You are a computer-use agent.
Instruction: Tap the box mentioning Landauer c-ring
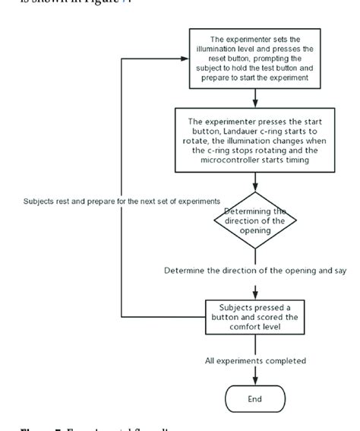point(254,138)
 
